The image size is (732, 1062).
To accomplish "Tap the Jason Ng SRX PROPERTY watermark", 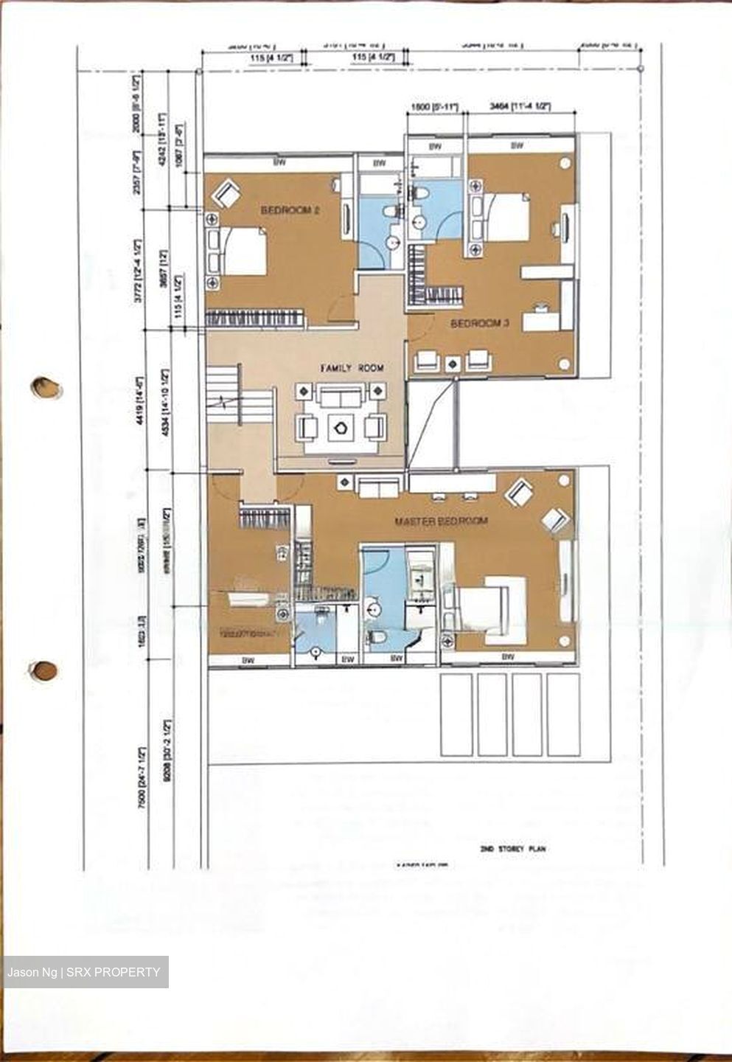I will (85, 972).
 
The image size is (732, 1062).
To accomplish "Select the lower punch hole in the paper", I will (43, 670).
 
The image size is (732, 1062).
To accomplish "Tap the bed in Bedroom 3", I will (501, 216).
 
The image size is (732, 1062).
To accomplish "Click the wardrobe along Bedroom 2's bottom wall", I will (254, 318).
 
